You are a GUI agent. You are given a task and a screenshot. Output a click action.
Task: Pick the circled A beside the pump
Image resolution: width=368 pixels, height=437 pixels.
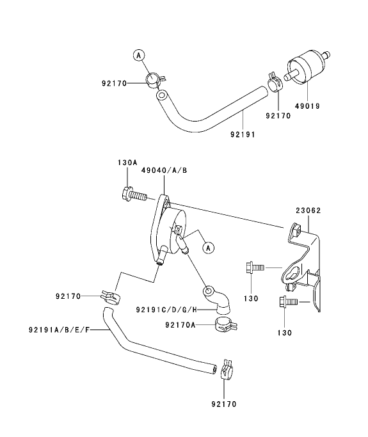207,246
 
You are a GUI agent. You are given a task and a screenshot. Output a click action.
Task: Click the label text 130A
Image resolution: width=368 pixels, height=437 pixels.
127,163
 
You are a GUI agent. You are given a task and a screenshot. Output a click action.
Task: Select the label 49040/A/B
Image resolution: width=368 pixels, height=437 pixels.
165,170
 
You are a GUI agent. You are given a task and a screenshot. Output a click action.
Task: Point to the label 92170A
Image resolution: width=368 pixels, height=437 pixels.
180,325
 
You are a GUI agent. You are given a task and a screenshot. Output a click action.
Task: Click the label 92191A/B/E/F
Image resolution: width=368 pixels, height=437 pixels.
60,330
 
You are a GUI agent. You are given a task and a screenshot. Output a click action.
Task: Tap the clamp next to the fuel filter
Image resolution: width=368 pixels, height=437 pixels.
276,82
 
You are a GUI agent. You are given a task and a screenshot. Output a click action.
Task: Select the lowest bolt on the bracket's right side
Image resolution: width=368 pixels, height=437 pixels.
287,303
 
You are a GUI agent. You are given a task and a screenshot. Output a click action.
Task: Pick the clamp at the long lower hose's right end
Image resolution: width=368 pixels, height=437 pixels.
226,369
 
